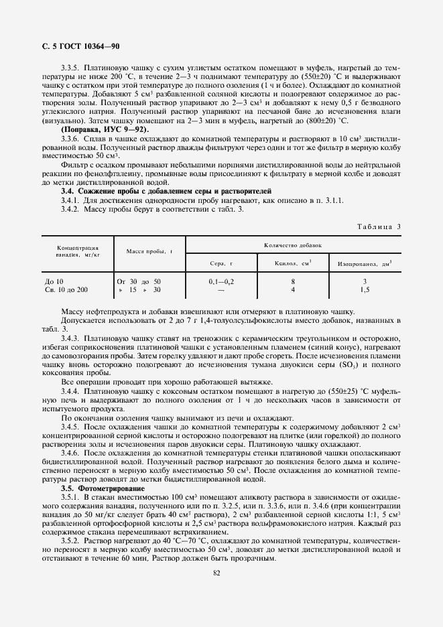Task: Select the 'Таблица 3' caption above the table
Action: click(x=377, y=226)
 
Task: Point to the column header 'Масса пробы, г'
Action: click(x=149, y=251)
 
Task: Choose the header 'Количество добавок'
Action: click(x=293, y=245)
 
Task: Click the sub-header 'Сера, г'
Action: click(x=221, y=263)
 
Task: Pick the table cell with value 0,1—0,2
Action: click(x=221, y=281)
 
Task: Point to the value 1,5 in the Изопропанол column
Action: click(x=365, y=290)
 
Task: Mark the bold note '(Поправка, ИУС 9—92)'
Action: click(x=105, y=129)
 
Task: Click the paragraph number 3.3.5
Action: click(x=70, y=68)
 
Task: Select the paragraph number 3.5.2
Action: click(x=70, y=539)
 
